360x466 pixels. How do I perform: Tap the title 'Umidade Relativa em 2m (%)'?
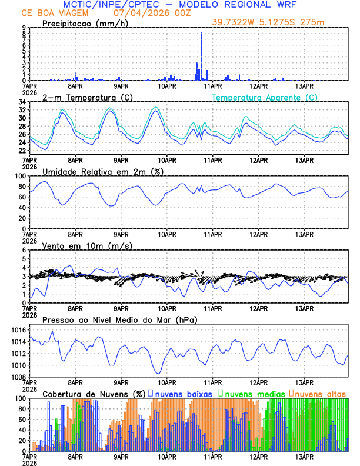[103, 171]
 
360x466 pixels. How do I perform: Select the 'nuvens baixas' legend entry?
[185, 394]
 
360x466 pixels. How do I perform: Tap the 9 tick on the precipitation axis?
[23, 28]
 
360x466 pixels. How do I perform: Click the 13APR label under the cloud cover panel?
[304, 456]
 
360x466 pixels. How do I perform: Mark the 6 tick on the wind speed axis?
[24, 250]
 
